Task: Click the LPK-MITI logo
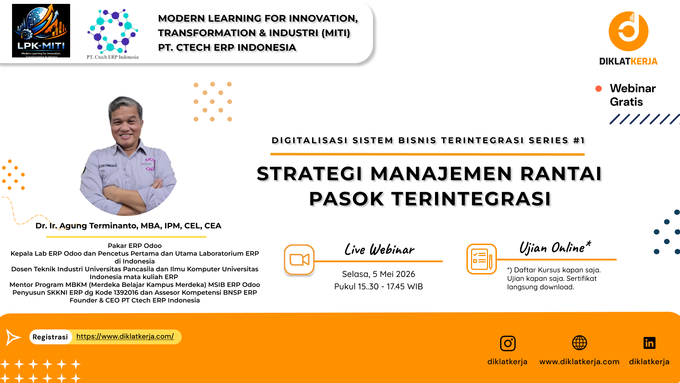41,30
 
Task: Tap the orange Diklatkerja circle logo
628,31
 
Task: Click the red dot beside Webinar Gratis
599,89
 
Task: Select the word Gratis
626,102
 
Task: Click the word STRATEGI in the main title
310,174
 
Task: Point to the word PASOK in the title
346,199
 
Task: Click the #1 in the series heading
579,140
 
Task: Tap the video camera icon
299,260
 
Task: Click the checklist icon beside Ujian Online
482,259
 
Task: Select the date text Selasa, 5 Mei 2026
378,274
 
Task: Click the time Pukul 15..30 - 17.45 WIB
378,287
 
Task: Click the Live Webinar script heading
379,250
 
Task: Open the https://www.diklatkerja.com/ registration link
125,336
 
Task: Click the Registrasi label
50,337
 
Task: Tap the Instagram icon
508,343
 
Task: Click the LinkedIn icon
649,343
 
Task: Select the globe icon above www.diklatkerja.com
579,343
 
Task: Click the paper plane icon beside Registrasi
13,337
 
